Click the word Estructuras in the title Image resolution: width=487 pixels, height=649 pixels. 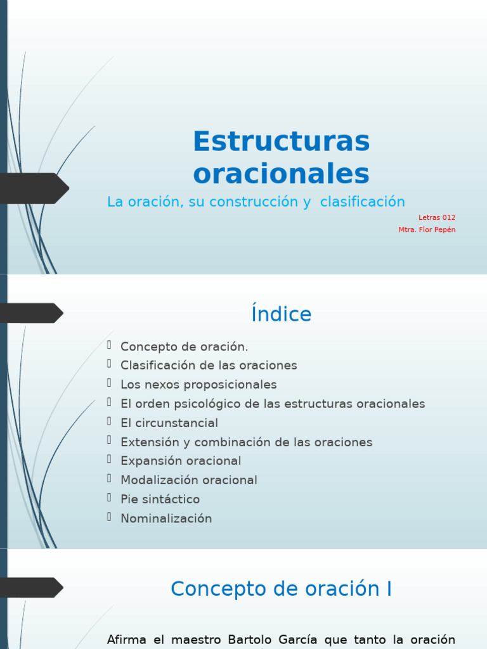click(281, 141)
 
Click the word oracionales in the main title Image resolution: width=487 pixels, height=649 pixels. click(281, 173)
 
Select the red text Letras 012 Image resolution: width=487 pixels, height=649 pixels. click(437, 217)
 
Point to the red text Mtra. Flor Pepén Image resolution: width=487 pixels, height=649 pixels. click(427, 229)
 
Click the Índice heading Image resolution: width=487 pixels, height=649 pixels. click(281, 314)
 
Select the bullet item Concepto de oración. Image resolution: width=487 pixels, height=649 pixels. click(184, 347)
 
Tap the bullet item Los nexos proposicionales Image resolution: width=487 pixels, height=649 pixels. click(198, 385)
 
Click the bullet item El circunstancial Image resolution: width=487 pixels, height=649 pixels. click(169, 423)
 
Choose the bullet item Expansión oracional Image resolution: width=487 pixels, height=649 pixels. click(181, 461)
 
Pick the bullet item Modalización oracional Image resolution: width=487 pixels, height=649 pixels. click(189, 480)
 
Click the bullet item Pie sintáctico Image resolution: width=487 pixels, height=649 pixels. click(160, 499)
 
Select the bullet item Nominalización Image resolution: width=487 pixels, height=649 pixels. click(166, 518)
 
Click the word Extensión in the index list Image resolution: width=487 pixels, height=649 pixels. click(147, 442)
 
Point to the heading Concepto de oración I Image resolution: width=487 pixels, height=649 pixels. click(281, 589)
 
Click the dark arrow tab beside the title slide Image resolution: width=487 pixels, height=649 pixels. click(32, 188)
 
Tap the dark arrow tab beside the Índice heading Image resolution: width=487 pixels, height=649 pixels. click(30, 313)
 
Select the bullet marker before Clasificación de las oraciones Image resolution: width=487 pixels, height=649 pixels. click(109, 364)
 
